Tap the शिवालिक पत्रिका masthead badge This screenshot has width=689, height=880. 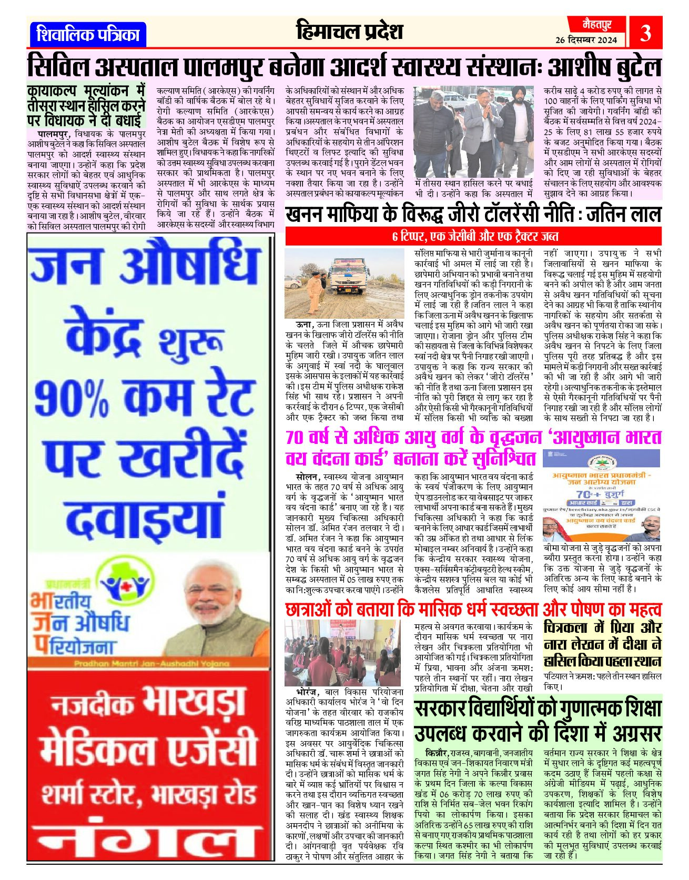(x=88, y=35)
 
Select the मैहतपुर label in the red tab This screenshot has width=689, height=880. (x=597, y=24)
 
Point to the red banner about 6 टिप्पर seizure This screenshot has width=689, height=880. (x=473, y=236)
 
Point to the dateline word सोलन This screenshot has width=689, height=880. (x=307, y=477)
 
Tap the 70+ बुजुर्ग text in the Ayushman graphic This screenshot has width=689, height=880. (x=600, y=494)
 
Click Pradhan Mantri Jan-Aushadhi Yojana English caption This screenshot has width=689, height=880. (x=152, y=663)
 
